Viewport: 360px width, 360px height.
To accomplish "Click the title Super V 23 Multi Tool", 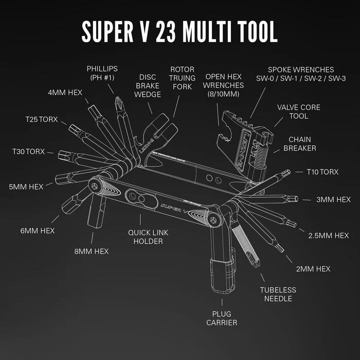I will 179,31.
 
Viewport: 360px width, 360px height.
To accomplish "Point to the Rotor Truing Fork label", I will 183,78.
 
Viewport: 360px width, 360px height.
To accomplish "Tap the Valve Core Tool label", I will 299,112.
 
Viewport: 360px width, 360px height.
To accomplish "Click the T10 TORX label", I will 322,172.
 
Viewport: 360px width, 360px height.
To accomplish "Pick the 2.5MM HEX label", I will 328,235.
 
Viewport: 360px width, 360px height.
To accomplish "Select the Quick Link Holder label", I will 148,237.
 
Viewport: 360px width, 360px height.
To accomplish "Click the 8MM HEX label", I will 91,251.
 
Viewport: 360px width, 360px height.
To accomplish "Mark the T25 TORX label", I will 42,119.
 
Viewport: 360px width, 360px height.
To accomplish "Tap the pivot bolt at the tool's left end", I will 95,187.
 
